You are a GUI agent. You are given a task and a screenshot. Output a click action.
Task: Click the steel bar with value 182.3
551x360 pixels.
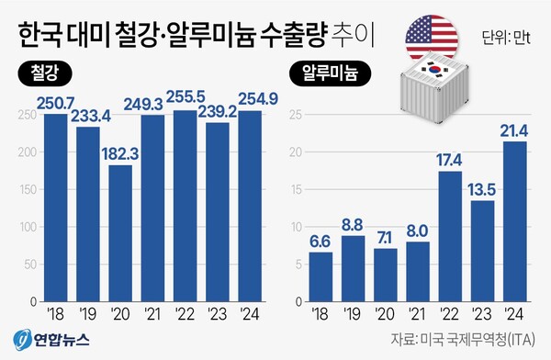120,233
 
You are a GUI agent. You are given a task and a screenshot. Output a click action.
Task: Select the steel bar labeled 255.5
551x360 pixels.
185,206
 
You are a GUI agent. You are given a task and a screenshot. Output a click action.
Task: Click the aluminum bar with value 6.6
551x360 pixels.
320,276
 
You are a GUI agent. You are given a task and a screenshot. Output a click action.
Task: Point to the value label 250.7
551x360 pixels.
55,102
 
